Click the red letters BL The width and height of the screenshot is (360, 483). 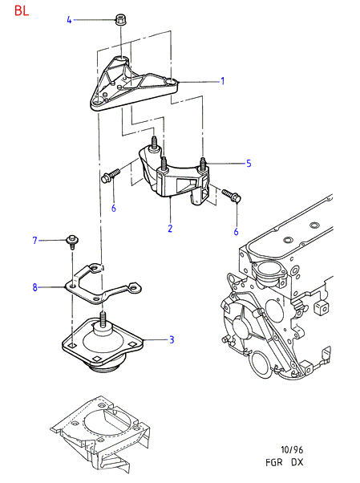point(22,10)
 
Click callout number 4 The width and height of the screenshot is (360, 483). point(69,20)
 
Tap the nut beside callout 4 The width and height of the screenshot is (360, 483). point(121,20)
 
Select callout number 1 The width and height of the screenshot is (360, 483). point(223,81)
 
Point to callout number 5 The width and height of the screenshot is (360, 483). point(249,163)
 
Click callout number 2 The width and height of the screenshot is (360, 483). point(170,228)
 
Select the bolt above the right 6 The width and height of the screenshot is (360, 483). point(232,196)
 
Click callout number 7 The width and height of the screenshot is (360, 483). point(34,240)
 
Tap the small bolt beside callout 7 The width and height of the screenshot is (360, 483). point(72,241)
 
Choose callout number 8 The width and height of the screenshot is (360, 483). point(34,287)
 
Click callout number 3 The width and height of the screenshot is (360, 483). point(172,339)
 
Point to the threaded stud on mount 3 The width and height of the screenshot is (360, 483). point(103,318)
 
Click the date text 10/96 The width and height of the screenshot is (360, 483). point(292,450)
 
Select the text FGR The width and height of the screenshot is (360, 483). point(274,462)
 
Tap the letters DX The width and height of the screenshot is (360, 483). point(297,462)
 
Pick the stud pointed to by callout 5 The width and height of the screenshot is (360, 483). point(203,163)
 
